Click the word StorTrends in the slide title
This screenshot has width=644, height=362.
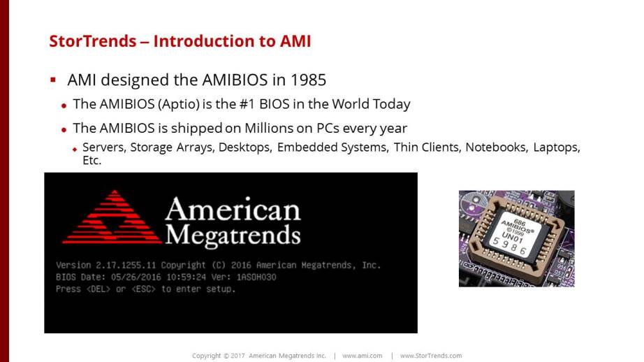click(93, 41)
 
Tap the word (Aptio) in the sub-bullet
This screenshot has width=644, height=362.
click(179, 104)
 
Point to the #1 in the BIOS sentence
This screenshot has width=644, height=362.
click(248, 104)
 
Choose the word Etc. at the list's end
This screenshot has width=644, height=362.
click(92, 160)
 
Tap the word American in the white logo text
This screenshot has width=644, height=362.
click(233, 209)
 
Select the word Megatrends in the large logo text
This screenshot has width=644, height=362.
click(233, 236)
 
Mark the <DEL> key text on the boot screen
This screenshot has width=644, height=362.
click(98, 289)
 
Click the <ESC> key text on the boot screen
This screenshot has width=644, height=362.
click(144, 289)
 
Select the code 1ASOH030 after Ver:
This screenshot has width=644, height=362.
click(256, 277)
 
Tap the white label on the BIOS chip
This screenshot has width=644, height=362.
click(514, 236)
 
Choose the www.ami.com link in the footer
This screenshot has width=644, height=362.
click(363, 356)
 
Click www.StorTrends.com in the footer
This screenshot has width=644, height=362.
click(431, 356)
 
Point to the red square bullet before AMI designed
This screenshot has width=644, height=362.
click(53, 79)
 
